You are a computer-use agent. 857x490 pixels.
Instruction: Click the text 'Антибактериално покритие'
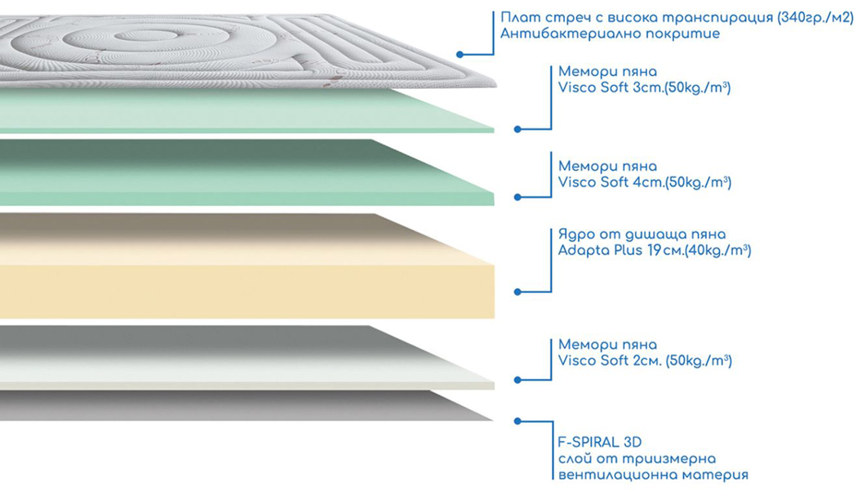click(x=610, y=34)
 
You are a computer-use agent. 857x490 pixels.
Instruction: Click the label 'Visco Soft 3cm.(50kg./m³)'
click(x=644, y=87)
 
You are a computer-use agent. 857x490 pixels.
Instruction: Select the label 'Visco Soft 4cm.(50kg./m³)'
click(x=645, y=182)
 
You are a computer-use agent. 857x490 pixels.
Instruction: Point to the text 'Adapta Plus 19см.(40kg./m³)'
click(x=655, y=251)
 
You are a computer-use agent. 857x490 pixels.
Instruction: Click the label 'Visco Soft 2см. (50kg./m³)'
click(x=645, y=360)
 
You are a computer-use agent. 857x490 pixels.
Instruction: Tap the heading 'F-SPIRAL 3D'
click(x=600, y=442)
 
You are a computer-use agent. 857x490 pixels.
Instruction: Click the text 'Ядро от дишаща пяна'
click(x=642, y=234)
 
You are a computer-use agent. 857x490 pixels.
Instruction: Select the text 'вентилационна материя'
click(x=653, y=474)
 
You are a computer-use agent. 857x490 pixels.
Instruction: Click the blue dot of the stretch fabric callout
click(x=460, y=54)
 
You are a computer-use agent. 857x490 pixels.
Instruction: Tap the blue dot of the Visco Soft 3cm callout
click(x=517, y=129)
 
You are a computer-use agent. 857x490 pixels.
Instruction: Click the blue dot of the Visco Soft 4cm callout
click(x=517, y=197)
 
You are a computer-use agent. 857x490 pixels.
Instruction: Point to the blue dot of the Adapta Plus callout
click(x=517, y=292)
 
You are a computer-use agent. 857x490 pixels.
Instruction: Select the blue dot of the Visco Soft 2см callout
click(x=517, y=380)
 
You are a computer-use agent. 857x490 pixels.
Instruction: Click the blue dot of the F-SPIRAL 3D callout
click(x=517, y=421)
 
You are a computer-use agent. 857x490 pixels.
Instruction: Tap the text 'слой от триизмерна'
click(x=637, y=459)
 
